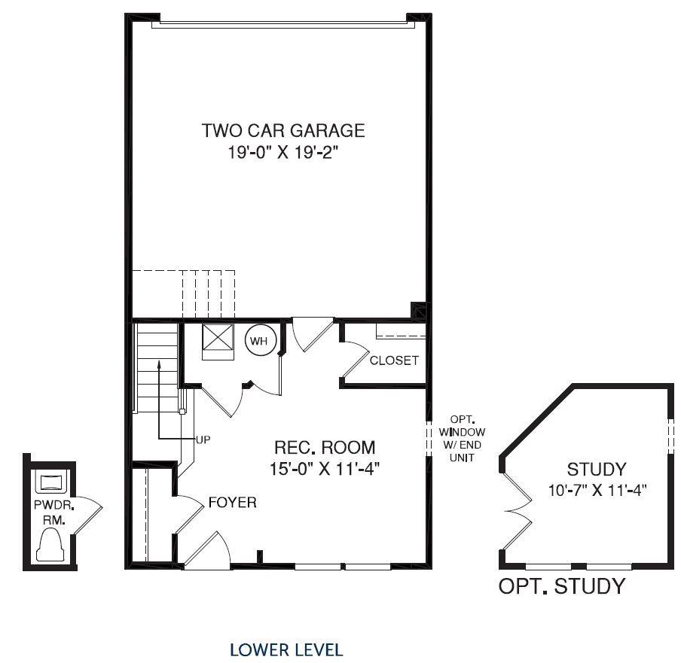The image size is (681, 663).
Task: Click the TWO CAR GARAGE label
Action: point(282,130)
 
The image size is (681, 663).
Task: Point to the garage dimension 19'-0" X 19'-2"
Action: point(282,152)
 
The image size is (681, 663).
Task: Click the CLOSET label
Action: point(393,360)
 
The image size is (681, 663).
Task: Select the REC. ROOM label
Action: point(324,448)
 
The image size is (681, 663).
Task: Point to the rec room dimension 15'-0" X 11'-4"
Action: point(324,469)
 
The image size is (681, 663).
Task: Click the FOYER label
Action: point(232,502)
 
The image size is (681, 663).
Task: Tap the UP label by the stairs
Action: point(203,440)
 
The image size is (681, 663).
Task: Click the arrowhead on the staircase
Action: point(159,363)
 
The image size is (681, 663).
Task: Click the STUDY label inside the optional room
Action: point(596,470)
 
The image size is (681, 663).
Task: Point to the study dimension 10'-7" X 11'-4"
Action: point(597,490)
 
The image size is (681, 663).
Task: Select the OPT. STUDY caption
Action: point(561,586)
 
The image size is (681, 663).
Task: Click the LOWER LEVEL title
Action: point(286,649)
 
